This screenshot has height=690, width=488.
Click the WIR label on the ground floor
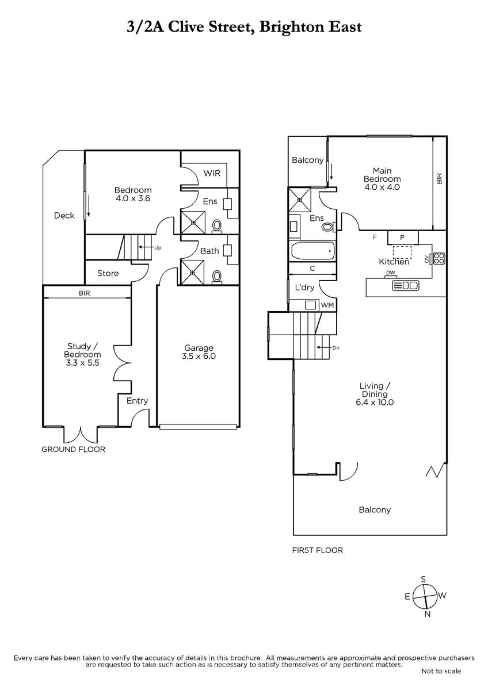[212, 174]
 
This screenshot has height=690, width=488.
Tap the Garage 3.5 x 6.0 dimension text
[199, 356]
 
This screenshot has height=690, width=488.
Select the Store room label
[108, 273]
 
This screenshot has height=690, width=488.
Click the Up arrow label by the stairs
[158, 248]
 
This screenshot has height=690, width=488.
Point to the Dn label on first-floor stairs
[335, 348]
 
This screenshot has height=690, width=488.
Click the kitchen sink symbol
[405, 286]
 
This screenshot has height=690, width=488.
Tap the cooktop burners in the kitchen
[439, 258]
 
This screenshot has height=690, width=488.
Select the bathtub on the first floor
[312, 251]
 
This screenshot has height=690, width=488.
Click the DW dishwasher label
[391, 273]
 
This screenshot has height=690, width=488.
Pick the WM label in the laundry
[327, 305]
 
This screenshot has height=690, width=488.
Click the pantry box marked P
[403, 237]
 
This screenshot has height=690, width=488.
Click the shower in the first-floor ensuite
[300, 200]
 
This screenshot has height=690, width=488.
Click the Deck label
[64, 216]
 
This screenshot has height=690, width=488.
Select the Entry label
[137, 401]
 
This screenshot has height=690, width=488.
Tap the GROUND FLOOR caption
[73, 450]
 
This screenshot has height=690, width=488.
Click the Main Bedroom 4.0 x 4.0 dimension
[382, 187]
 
